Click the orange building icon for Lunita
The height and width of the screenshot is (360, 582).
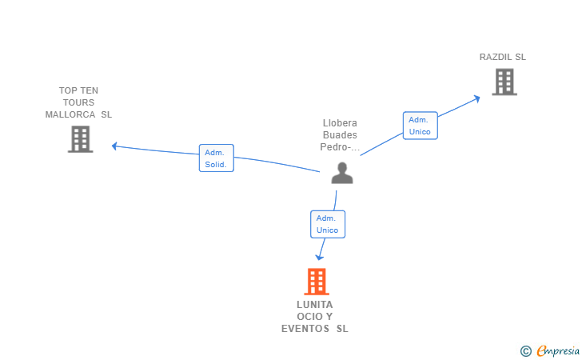[x=317, y=282]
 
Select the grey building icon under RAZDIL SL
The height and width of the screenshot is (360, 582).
[x=504, y=82]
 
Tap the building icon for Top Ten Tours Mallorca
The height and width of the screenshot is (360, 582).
[x=80, y=139]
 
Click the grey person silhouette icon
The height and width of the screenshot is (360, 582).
[x=342, y=173]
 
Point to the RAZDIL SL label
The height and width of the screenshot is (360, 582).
[x=502, y=57]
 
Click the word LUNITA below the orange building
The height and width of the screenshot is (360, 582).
[x=314, y=305]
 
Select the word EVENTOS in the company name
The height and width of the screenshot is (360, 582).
[x=306, y=329]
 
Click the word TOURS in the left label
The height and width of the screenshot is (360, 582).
[x=78, y=102]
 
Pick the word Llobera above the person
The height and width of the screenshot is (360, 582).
[x=340, y=123]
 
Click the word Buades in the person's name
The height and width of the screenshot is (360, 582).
[x=340, y=135]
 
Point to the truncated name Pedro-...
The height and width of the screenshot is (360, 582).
[x=340, y=147]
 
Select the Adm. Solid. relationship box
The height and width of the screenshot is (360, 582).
[x=216, y=158]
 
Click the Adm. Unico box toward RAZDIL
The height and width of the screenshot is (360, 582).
[x=420, y=126]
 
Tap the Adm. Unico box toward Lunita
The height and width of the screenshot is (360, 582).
[x=327, y=224]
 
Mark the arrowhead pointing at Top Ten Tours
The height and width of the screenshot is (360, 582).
[x=115, y=146]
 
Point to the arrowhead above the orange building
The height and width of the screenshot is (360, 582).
[x=319, y=257]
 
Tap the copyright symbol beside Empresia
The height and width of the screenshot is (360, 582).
[x=525, y=350]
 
